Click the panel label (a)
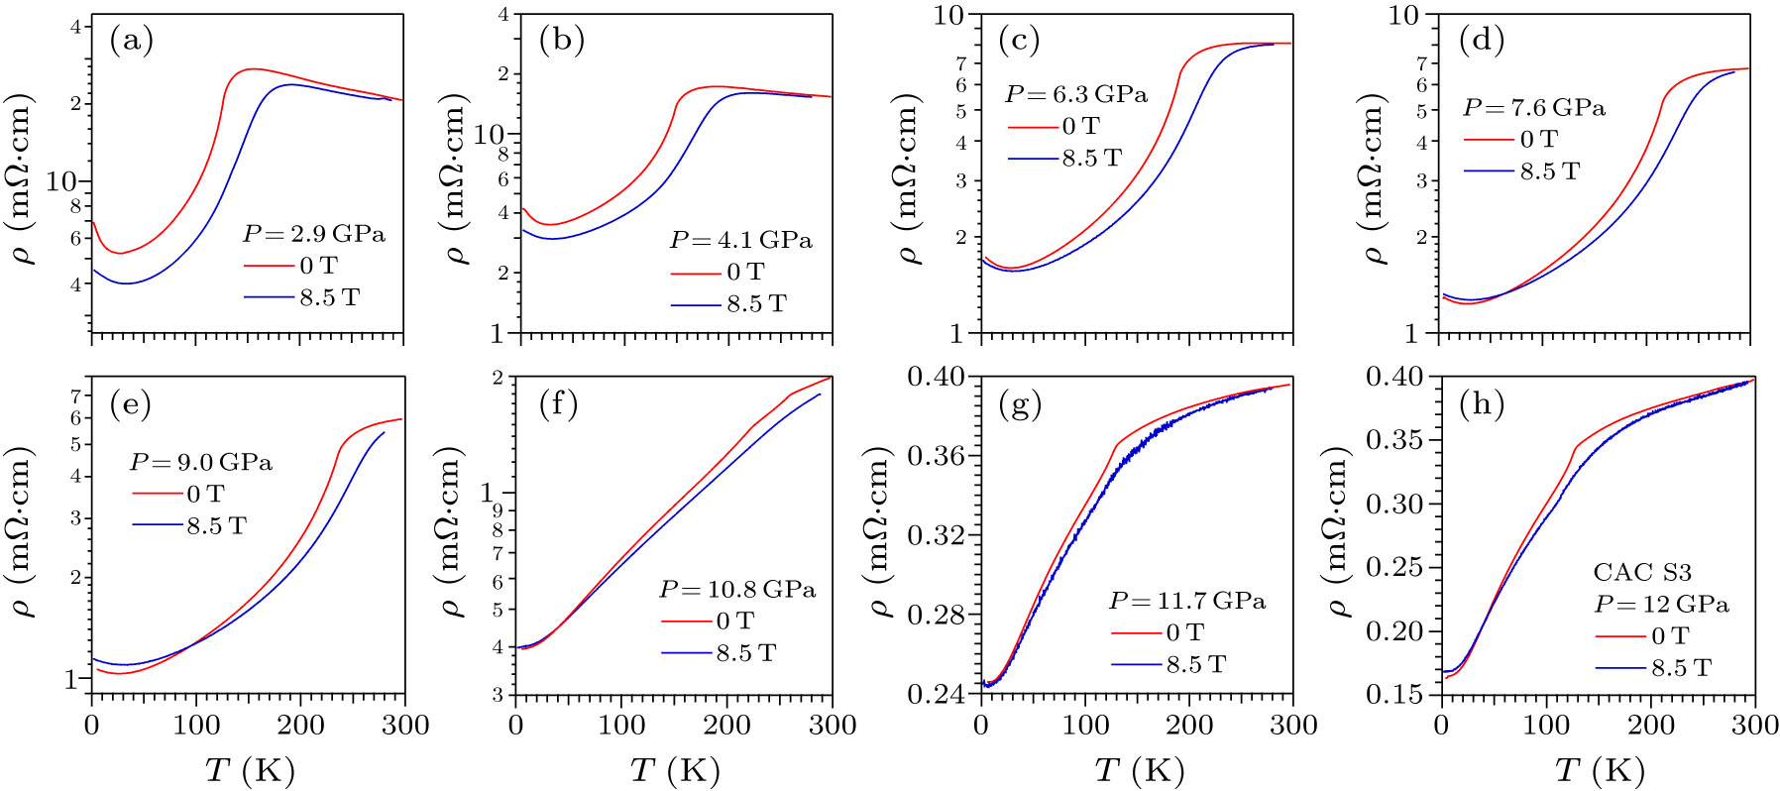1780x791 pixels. coord(131,41)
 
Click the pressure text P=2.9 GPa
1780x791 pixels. coord(313,235)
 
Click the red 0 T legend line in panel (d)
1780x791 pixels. coord(1489,140)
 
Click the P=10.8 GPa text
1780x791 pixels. coord(737,590)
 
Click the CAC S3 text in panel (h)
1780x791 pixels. coord(1642,572)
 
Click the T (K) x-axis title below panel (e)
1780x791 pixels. coord(249,769)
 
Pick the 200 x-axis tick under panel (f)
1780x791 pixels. coord(726,726)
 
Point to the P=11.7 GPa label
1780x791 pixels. coord(1186,601)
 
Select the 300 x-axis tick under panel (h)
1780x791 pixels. coord(1753,726)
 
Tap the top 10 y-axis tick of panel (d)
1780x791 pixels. coord(1403,15)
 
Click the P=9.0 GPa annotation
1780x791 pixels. coord(200,463)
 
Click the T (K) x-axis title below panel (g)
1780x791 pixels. coord(1140,769)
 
